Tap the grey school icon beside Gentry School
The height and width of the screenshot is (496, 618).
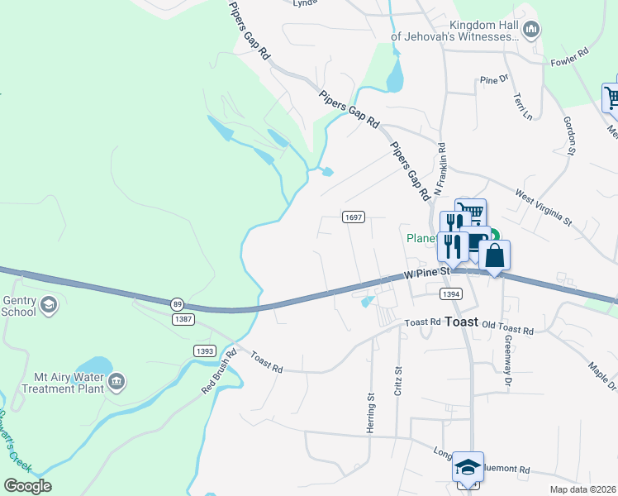click(x=49, y=306)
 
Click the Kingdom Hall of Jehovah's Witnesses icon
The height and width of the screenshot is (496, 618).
click(x=531, y=30)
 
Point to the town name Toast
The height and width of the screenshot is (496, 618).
click(x=461, y=322)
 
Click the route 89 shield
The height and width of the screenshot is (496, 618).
click(x=178, y=303)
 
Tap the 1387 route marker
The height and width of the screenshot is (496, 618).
click(x=183, y=318)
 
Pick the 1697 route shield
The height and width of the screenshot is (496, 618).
click(x=354, y=217)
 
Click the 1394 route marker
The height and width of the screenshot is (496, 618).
click(x=450, y=293)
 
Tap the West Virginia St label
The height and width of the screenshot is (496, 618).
click(x=543, y=207)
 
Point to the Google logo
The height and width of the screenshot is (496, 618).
click(x=27, y=485)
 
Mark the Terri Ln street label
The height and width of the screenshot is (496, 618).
click(x=522, y=106)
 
